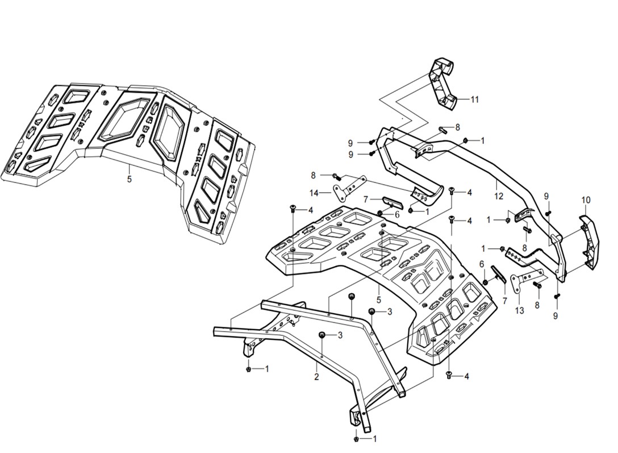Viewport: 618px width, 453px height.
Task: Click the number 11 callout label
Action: (x=474, y=99)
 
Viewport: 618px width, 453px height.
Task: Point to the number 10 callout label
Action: (x=586, y=200)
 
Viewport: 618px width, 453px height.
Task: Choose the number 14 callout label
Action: (x=314, y=193)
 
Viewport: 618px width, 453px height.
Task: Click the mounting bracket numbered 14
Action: (x=348, y=187)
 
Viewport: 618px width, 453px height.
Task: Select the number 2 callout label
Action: (x=317, y=376)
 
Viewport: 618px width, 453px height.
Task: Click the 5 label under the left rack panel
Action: (x=130, y=179)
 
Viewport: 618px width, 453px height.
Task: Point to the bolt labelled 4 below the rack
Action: (x=449, y=375)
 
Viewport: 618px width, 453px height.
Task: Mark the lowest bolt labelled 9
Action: (x=557, y=296)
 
